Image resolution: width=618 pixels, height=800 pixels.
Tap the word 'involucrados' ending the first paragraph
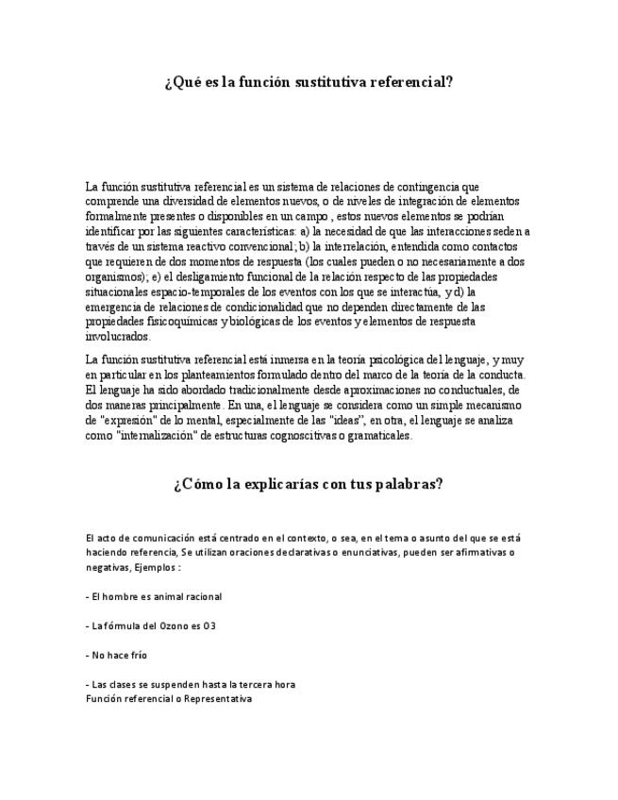pyautogui.click(x=117, y=336)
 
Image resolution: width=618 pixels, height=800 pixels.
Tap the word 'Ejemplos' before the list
pyautogui.click(x=152, y=568)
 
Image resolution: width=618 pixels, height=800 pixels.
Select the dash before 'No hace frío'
pyautogui.click(x=87, y=655)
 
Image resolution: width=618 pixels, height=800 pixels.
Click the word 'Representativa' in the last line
pyautogui.click(x=218, y=699)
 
